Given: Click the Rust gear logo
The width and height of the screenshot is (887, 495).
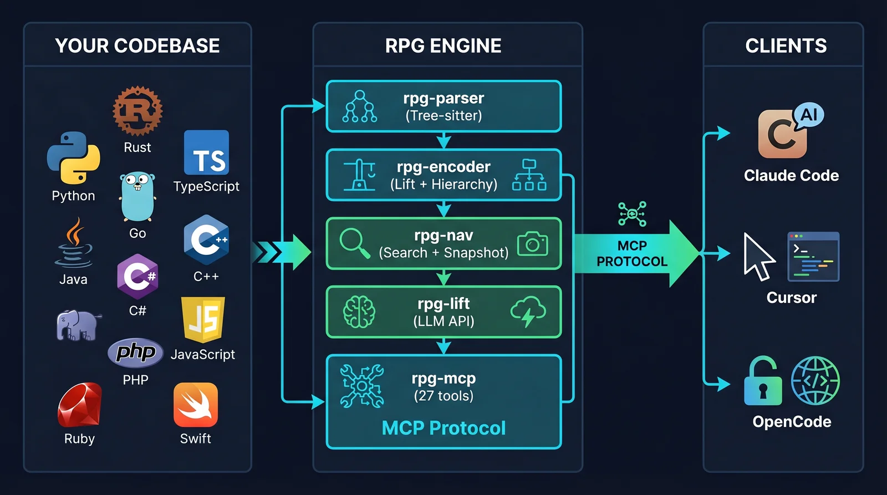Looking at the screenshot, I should tap(137, 110).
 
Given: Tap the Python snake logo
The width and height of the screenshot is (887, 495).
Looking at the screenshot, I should tap(73, 158).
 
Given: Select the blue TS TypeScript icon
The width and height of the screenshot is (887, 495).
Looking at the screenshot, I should tap(206, 152).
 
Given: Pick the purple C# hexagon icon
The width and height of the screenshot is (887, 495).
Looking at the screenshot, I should tap(137, 275).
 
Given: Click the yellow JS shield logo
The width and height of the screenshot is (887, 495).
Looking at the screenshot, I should tap(203, 319).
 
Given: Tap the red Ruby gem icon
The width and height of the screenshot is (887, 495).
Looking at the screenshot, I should tap(79, 405).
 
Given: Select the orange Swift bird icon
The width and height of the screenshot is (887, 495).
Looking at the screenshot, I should tap(195, 405).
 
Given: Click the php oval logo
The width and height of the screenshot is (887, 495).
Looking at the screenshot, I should tap(135, 352).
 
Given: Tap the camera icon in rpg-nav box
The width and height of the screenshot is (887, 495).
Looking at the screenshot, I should tap(532, 244).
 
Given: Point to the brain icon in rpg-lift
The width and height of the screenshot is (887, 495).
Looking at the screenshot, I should tap(359, 312).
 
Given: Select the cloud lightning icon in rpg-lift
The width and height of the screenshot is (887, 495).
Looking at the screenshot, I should tap(528, 311).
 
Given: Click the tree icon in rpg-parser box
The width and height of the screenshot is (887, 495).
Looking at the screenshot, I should tap(360, 106).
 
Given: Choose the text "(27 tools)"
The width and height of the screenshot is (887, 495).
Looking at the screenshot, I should tap(443, 396).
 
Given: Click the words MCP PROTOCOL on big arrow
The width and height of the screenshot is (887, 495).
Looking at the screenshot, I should tap(632, 253).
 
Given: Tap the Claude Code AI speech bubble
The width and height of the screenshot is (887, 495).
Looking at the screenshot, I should tap(809, 115).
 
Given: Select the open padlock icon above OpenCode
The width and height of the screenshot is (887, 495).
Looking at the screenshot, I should tap(763, 382).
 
